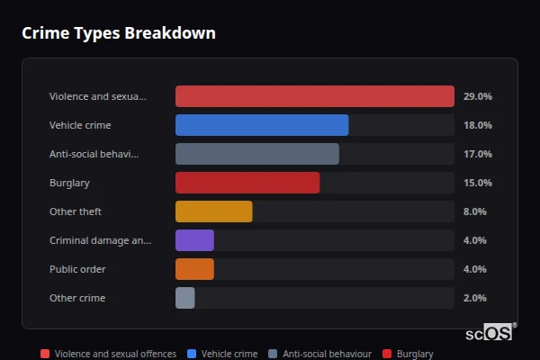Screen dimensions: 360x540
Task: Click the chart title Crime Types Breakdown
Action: pos(118,34)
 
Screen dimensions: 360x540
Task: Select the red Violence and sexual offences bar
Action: pos(314,96)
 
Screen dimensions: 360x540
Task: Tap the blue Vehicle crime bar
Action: pos(261,125)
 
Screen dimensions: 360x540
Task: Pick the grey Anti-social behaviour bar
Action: pos(256,154)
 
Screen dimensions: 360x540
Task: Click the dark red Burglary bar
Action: pos(247,183)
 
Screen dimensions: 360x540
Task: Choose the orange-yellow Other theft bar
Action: pos(213,211)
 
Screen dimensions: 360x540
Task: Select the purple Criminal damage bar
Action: pos(194,240)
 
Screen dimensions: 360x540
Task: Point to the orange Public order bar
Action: pos(194,269)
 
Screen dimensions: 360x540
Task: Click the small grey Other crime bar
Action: pos(184,298)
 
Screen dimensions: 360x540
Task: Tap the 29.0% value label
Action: pos(477,96)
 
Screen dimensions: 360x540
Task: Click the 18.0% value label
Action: pos(477,125)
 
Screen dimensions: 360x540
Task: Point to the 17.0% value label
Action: pos(477,154)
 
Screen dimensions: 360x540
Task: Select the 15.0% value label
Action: pos(477,183)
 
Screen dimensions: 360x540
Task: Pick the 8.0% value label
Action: pos(474,211)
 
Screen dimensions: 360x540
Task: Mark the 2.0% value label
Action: pos(474,298)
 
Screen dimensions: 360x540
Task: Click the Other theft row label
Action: pos(76,211)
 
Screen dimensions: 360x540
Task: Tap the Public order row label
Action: pos(77,269)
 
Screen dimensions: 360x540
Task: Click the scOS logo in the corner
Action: pos(490,333)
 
